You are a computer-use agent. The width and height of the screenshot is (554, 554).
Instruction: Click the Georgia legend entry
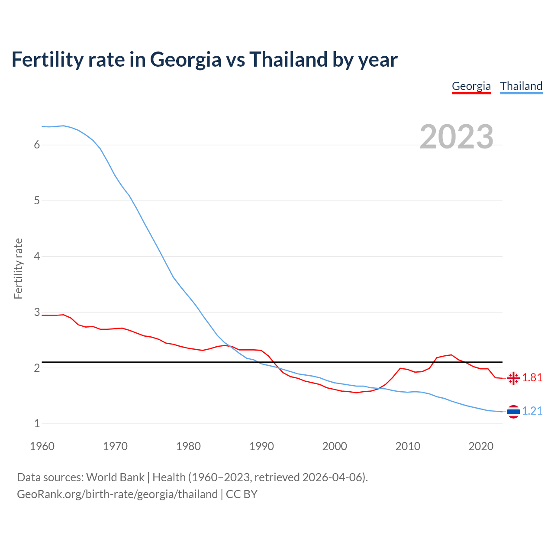[x=471, y=86]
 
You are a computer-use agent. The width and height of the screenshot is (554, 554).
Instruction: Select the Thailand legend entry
[x=521, y=86]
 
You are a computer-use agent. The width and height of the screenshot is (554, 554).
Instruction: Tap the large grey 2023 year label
[x=457, y=137]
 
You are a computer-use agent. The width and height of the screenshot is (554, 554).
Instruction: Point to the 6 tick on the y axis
[x=37, y=145]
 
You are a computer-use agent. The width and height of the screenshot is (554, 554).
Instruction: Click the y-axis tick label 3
[x=37, y=312]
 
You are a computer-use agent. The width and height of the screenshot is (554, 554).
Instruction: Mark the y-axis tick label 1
[x=37, y=424]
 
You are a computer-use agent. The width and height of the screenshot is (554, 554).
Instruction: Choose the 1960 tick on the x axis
[x=42, y=446]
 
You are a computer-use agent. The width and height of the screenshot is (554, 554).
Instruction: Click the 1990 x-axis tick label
[x=261, y=446]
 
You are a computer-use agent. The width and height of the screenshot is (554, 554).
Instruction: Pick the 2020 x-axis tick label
[x=481, y=446]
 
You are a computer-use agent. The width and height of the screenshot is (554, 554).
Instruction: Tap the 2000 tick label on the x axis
[x=335, y=446]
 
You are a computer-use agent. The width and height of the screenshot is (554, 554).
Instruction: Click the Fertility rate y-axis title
[x=18, y=268]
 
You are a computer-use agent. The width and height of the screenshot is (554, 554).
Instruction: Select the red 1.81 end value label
[x=532, y=378]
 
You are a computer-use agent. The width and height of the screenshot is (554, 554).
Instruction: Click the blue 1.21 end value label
[x=532, y=411]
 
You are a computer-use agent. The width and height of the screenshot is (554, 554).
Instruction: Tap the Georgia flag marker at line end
[x=513, y=378]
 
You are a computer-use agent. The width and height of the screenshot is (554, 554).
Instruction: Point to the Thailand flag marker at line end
[x=513, y=411]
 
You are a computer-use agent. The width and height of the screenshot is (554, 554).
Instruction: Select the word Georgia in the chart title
[x=186, y=60]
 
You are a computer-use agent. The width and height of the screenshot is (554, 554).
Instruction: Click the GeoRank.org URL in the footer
[x=117, y=494]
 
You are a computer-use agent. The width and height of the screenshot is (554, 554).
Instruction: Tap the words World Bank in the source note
[x=115, y=477]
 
